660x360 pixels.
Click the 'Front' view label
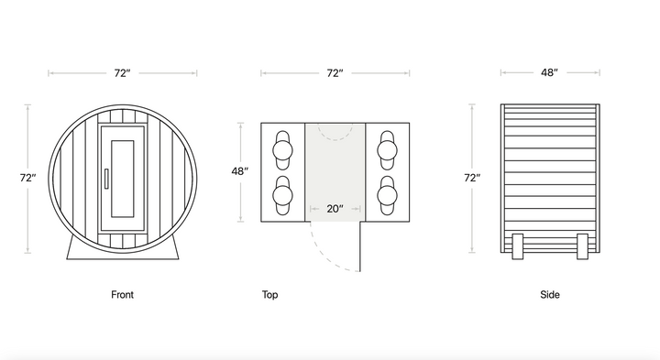click(x=122, y=295)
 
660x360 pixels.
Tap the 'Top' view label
click(x=269, y=295)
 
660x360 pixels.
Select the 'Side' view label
click(x=550, y=295)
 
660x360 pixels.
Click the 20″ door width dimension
click(x=335, y=209)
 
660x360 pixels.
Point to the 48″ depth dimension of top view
click(x=240, y=171)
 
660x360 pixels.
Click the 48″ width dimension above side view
click(x=550, y=72)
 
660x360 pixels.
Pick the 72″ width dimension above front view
click(x=122, y=73)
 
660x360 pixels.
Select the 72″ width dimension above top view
click(x=335, y=73)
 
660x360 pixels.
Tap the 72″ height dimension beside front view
click(x=27, y=179)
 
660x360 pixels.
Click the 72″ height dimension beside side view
click(x=472, y=179)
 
